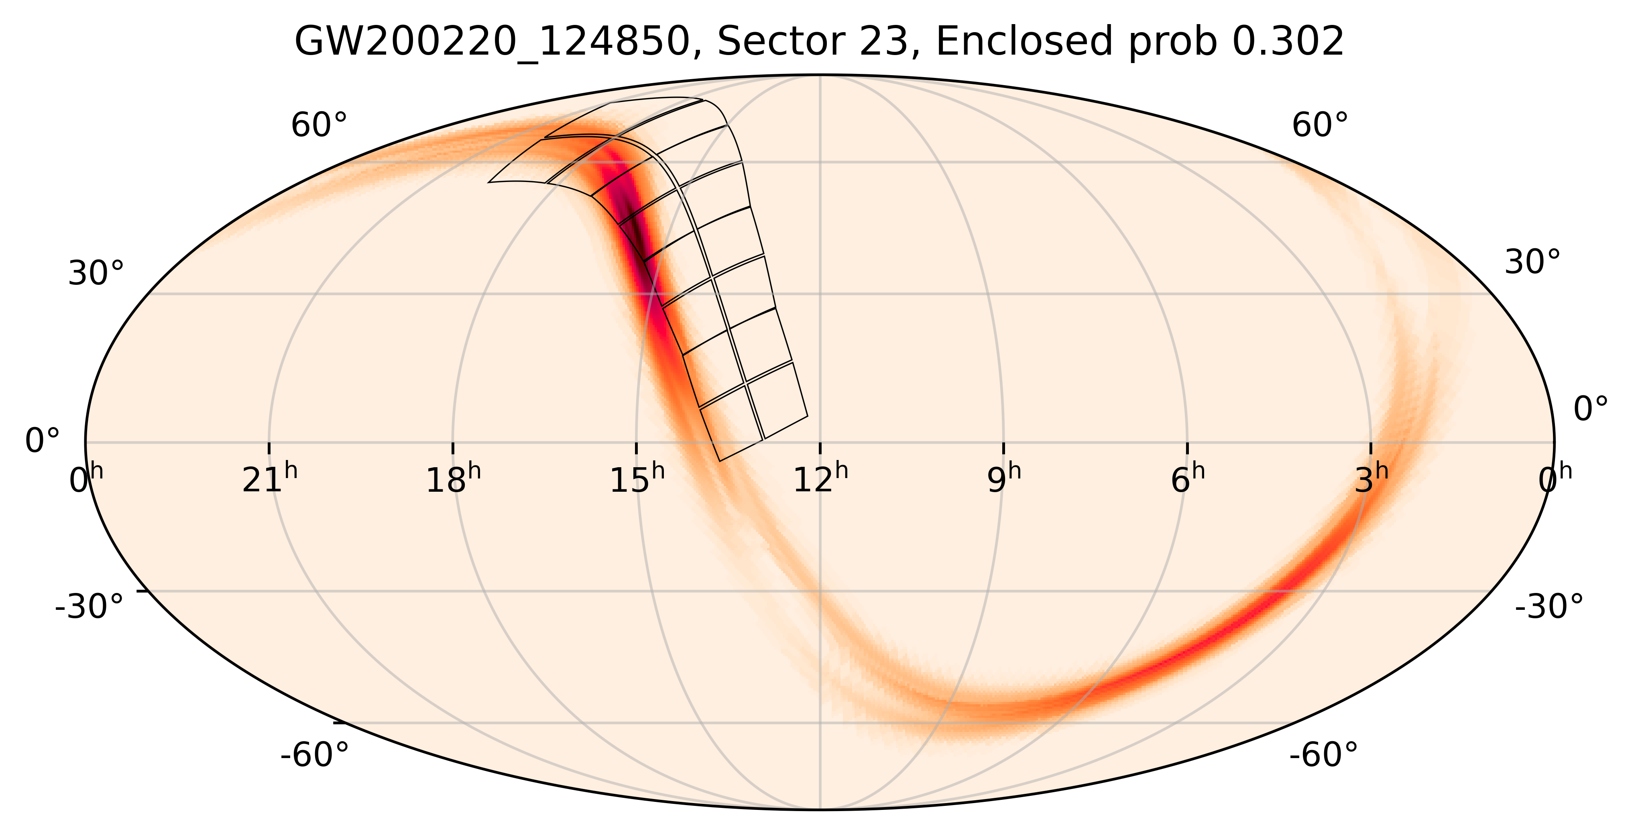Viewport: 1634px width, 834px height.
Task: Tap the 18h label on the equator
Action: click(x=453, y=480)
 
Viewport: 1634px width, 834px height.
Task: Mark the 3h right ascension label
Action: click(x=1372, y=480)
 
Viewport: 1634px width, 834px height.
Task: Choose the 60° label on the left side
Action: click(x=319, y=125)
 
